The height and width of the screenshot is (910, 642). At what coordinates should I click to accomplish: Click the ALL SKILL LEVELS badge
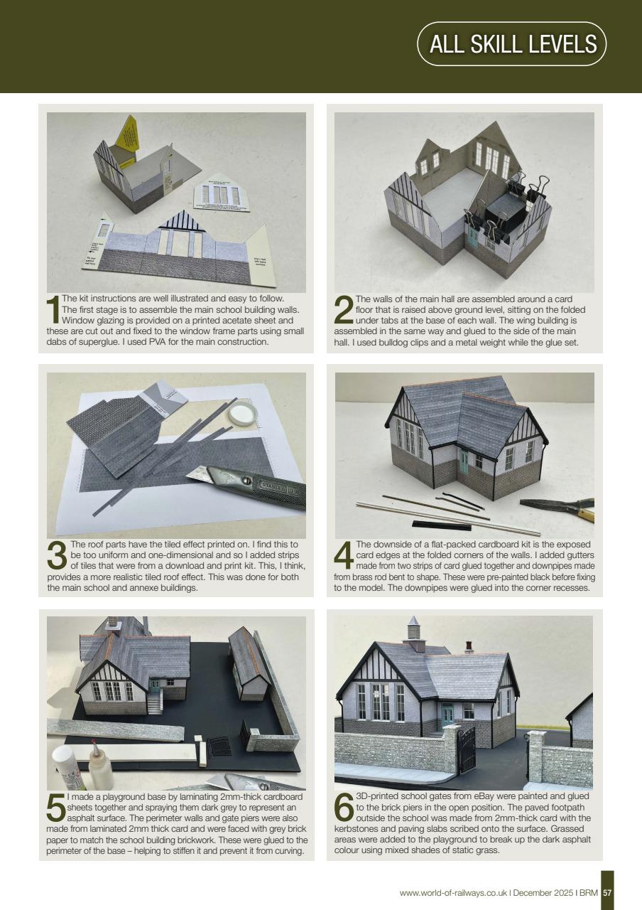(513, 44)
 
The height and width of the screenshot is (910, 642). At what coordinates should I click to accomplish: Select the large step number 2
(342, 310)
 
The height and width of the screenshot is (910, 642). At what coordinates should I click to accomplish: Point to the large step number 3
(56, 556)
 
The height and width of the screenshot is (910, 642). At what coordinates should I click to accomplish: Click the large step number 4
(344, 556)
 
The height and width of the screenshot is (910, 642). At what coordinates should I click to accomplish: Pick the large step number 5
(55, 808)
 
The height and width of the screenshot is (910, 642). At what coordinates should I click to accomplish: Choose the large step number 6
(344, 808)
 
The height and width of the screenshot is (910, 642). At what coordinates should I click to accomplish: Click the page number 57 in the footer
(607, 892)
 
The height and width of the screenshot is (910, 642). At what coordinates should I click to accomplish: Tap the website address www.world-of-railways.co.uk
(453, 893)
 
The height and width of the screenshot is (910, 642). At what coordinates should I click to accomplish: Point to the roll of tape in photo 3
(242, 412)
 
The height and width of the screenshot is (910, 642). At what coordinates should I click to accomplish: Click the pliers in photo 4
(557, 505)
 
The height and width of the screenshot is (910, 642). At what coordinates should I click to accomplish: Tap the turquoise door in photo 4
(463, 462)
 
